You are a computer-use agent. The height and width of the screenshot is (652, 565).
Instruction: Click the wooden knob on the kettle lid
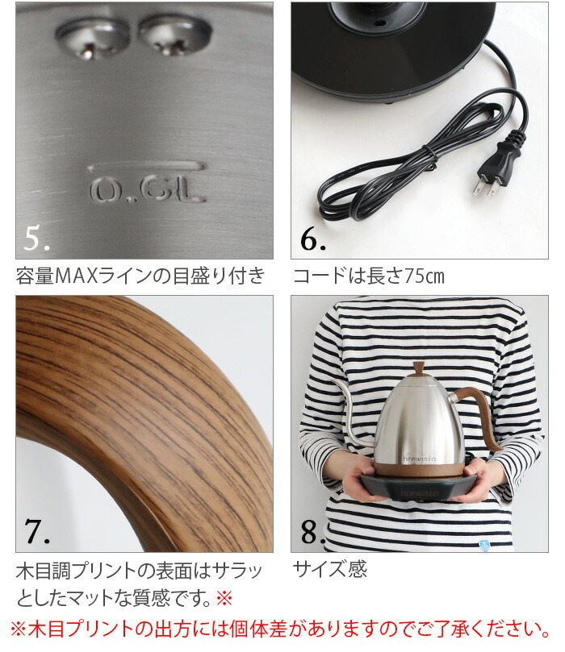[417, 372]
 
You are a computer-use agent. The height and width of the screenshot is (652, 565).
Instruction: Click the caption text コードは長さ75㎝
[368, 277]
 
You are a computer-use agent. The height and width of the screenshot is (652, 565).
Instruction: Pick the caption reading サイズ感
[329, 570]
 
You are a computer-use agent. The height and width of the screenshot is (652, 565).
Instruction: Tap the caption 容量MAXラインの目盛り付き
[140, 277]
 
